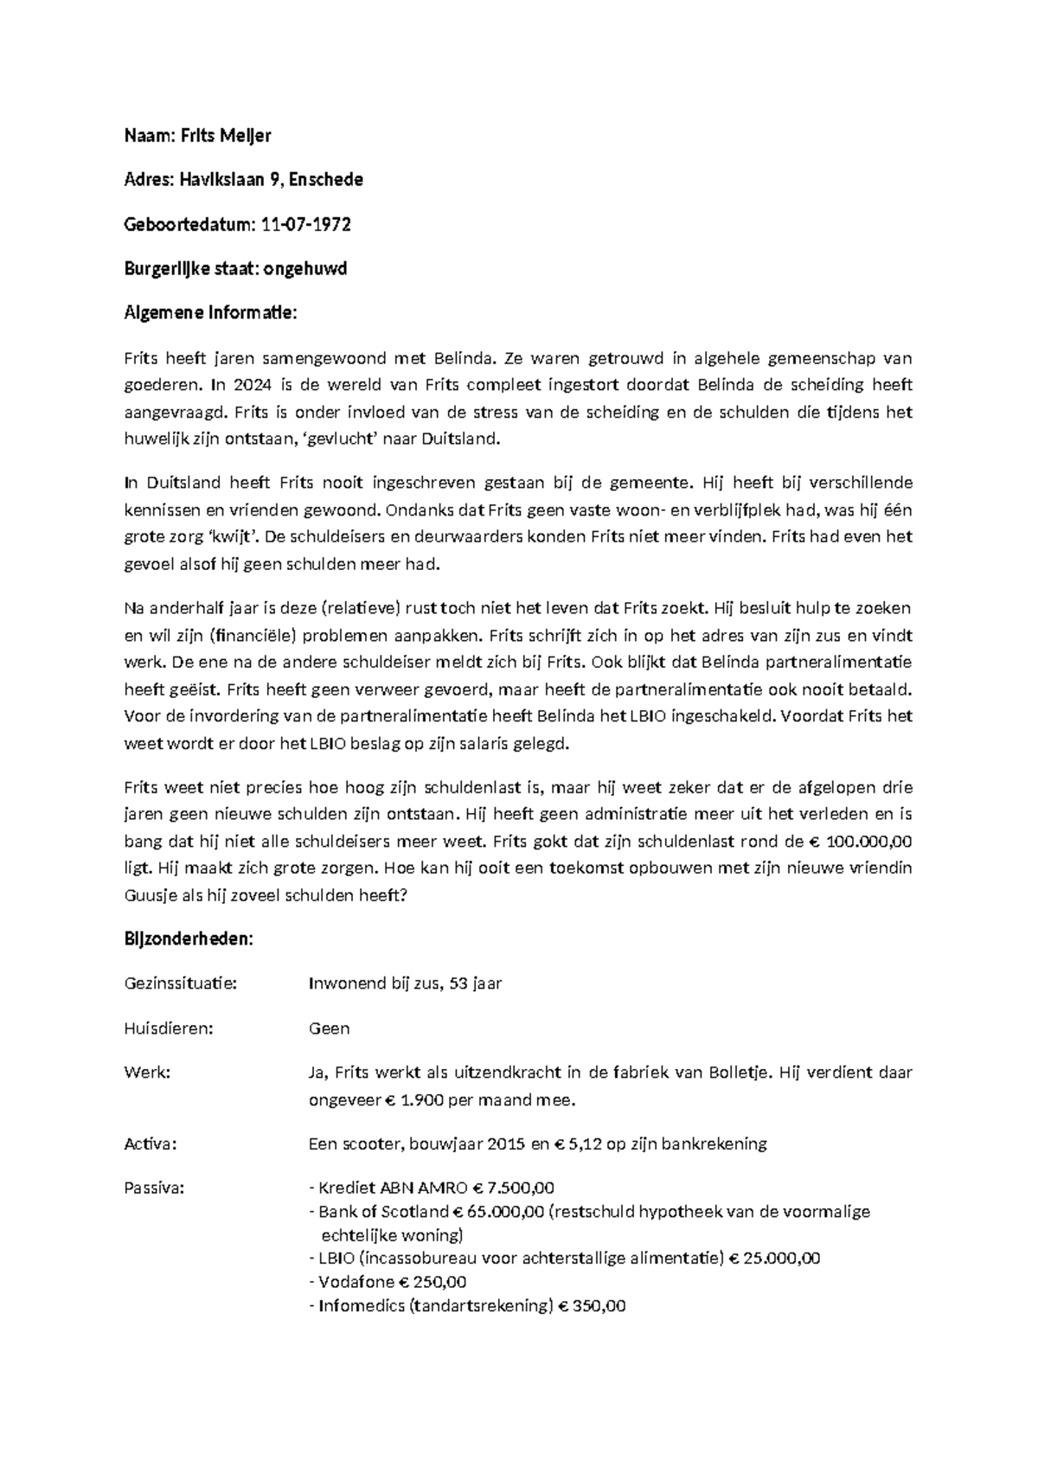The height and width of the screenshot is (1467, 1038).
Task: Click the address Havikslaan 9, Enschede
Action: coord(271,180)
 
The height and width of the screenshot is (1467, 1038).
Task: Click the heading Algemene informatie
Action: coord(210,313)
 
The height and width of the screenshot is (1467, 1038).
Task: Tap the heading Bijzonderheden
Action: coord(189,939)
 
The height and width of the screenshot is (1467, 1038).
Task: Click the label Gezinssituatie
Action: coord(180,983)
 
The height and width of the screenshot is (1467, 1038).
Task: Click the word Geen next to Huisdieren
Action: coord(329,1028)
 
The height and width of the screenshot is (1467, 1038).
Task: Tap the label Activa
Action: coord(151,1144)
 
